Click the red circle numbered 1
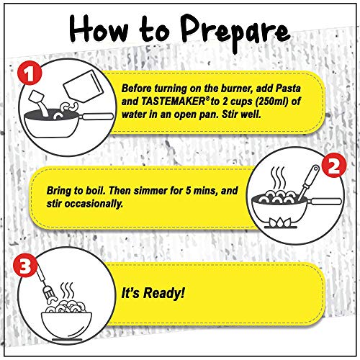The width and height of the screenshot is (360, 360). point(30,73)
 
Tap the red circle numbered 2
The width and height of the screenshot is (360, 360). point(334,166)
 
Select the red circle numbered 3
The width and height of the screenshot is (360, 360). point(25,266)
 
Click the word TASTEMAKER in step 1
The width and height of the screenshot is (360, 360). point(172,102)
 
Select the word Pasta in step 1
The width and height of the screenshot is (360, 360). point(288,89)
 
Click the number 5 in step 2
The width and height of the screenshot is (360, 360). point(189,191)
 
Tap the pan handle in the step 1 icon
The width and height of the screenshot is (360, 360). point(97,117)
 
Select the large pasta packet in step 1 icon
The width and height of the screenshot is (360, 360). point(84,87)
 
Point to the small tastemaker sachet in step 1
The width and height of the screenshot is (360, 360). point(36,97)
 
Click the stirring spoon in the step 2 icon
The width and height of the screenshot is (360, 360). point(307,182)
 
